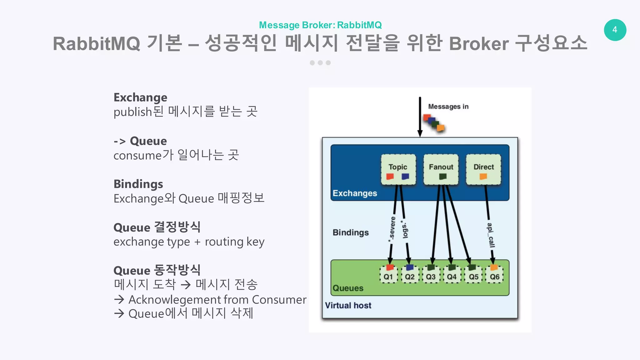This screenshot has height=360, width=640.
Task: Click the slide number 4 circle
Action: [x=615, y=30]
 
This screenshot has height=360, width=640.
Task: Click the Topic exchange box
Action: [x=398, y=169]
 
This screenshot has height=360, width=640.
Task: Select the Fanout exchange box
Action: [x=441, y=169]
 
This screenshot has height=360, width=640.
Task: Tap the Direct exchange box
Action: [x=483, y=169]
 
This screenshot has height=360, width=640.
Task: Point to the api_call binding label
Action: [x=491, y=235]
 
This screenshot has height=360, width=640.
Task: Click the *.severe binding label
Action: [x=392, y=229]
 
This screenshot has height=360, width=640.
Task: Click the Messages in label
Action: [x=448, y=107]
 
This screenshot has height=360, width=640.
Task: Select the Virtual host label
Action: [x=348, y=305]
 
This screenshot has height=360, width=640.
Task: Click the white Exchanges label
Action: [x=355, y=193]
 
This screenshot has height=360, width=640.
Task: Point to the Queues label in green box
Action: [x=348, y=288]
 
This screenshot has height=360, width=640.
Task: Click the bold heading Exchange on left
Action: [x=140, y=97]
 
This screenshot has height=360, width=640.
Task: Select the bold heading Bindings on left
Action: [x=138, y=184]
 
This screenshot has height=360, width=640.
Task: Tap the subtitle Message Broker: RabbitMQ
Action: [x=320, y=25]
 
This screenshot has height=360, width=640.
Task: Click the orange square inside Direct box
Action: [x=483, y=177]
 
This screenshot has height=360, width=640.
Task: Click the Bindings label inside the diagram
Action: [x=351, y=232]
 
